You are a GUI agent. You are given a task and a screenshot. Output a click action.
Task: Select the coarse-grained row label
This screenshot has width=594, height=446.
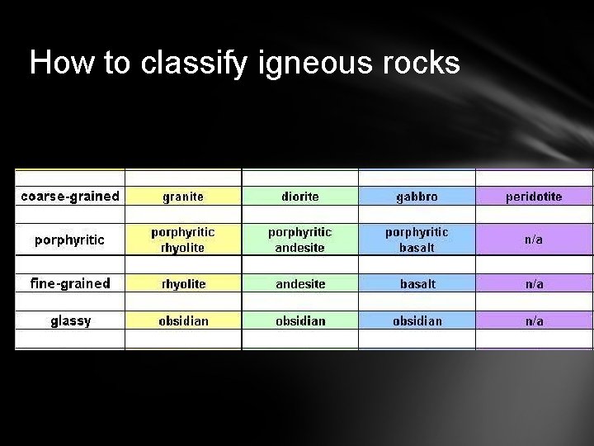pos(70,197)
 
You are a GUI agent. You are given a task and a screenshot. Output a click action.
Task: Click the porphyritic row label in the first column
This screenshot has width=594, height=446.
pos(70,240)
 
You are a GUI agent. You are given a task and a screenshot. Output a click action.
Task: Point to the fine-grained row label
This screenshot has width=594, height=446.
pos(70,283)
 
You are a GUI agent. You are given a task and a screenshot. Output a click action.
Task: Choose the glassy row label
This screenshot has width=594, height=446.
pos(70,320)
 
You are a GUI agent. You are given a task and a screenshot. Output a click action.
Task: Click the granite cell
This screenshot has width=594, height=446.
pos(183,197)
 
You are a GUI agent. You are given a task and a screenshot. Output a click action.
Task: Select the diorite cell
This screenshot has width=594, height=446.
pos(300,197)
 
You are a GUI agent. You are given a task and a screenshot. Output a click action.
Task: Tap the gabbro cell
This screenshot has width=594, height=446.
pos(417,197)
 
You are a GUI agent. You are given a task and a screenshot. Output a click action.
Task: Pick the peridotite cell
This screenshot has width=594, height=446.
pos(535,197)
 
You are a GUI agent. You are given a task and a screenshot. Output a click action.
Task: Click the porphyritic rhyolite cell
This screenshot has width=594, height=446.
pos(183,240)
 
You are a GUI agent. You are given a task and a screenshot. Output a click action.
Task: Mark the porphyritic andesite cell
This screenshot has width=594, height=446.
pos(300,240)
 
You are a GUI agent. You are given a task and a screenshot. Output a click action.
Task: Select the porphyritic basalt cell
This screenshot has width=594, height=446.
pos(417,240)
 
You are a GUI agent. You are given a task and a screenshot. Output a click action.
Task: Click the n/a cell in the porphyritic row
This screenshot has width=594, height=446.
pos(535,240)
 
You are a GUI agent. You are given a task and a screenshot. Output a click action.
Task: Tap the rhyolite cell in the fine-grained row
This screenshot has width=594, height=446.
pos(183,284)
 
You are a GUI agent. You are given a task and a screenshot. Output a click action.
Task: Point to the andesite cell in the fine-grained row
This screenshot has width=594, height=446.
pos(300,284)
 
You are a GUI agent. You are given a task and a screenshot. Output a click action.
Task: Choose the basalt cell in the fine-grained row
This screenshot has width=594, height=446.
pos(417,284)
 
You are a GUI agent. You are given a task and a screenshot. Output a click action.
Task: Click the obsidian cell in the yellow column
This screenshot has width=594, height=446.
pos(183,320)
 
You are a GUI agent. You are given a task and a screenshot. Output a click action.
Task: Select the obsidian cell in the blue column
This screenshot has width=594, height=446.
pos(417,320)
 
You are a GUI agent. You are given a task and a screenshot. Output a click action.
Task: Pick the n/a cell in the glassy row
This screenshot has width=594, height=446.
pos(535,320)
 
